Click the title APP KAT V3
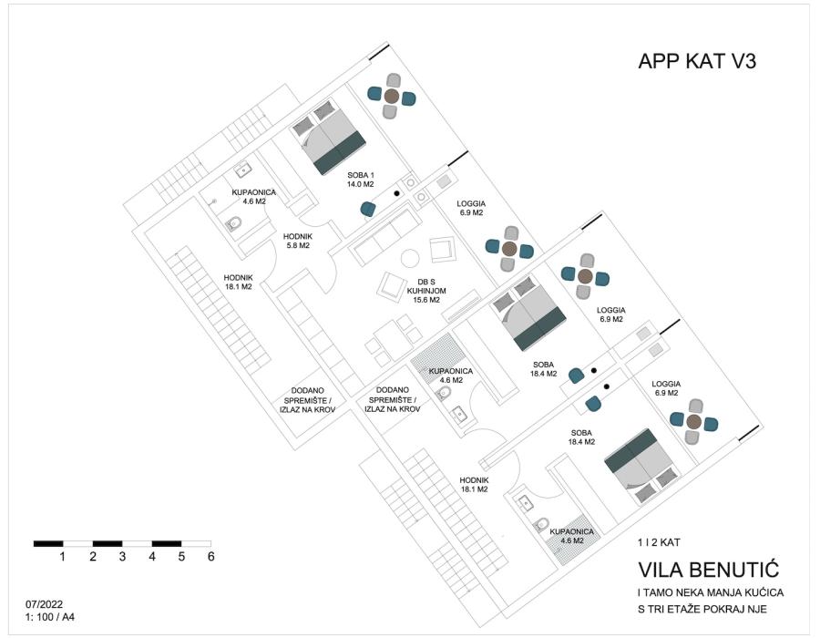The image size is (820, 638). [x=697, y=61]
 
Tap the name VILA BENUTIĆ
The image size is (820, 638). [x=709, y=570]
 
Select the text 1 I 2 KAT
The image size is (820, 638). [x=659, y=542]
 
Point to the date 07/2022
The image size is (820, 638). [x=44, y=605]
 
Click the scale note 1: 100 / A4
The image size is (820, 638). [x=50, y=617]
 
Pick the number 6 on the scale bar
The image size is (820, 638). [x=210, y=556]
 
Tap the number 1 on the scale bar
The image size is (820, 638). [x=62, y=556]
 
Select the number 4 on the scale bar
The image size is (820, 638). [x=151, y=556]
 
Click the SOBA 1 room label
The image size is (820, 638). [x=361, y=175]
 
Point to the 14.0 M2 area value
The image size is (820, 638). [x=361, y=184]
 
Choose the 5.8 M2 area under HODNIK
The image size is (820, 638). [x=298, y=245]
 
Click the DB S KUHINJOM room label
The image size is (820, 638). [x=426, y=286]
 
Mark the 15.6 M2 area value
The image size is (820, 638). [x=426, y=300]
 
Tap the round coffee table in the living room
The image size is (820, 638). [x=410, y=258]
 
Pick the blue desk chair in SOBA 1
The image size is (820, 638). [x=368, y=210]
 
